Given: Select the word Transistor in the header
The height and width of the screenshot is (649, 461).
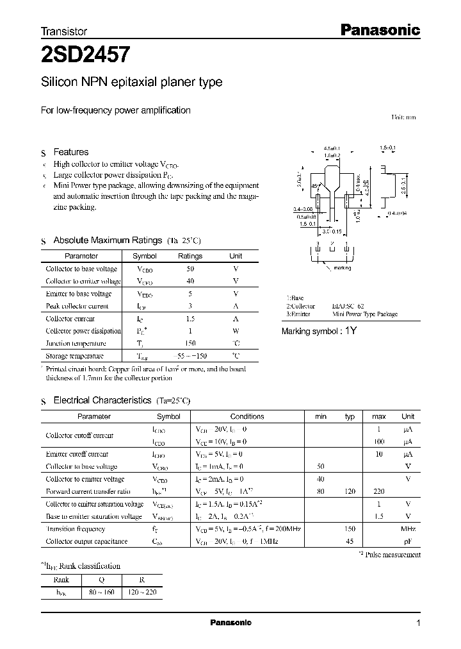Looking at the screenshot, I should click(63, 31).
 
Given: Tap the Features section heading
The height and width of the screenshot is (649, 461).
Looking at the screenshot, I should click(70, 152).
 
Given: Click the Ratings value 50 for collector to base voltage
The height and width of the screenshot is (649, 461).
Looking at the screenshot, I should click(190, 269).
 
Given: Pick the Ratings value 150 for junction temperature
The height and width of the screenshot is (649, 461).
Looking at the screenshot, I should click(190, 343).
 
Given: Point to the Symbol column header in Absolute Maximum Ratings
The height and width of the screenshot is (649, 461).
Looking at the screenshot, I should click(144, 256).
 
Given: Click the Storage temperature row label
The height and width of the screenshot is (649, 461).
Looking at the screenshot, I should click(74, 355).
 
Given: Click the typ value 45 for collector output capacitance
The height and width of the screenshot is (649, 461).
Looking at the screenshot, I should click(350, 541).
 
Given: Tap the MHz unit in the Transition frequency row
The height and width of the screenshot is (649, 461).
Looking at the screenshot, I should click(408, 529).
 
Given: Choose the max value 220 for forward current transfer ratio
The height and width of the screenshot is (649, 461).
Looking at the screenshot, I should click(379, 492).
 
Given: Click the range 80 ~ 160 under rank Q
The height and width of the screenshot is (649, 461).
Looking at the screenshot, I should click(100, 593).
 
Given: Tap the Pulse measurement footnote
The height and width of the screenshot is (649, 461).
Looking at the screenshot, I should click(397, 555).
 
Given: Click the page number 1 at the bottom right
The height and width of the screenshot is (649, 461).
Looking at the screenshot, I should click(418, 623).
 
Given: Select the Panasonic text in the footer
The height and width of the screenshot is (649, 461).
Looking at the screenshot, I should click(230, 623).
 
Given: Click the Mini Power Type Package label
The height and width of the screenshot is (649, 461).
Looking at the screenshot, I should click(364, 314).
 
